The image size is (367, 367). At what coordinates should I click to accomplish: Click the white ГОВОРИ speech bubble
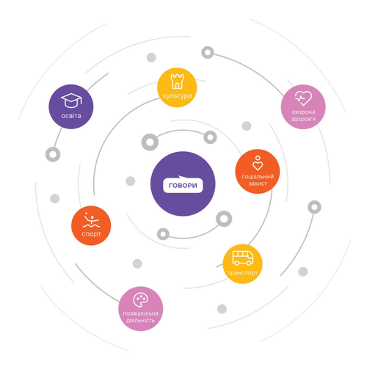(183, 185)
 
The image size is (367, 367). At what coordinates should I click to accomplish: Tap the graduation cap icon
(71, 101)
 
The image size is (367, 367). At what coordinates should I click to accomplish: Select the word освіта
(71, 116)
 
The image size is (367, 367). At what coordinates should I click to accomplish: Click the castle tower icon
(177, 81)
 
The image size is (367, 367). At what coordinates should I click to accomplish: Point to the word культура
(177, 96)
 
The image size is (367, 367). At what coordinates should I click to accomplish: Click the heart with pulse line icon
(303, 98)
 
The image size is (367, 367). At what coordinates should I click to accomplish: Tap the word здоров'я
(303, 119)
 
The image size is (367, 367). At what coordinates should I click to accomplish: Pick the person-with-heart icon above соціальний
(258, 163)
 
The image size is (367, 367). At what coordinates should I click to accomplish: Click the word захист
(258, 183)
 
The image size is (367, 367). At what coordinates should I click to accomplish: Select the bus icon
(243, 258)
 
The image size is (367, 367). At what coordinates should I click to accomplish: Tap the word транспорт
(243, 272)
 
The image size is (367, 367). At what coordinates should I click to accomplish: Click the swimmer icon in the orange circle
(91, 219)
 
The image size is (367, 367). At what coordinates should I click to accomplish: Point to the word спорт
(91, 234)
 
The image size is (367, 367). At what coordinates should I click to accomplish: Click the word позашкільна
(140, 313)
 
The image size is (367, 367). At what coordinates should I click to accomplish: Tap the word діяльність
(140, 320)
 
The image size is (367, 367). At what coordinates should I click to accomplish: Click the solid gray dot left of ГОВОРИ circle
(131, 181)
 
